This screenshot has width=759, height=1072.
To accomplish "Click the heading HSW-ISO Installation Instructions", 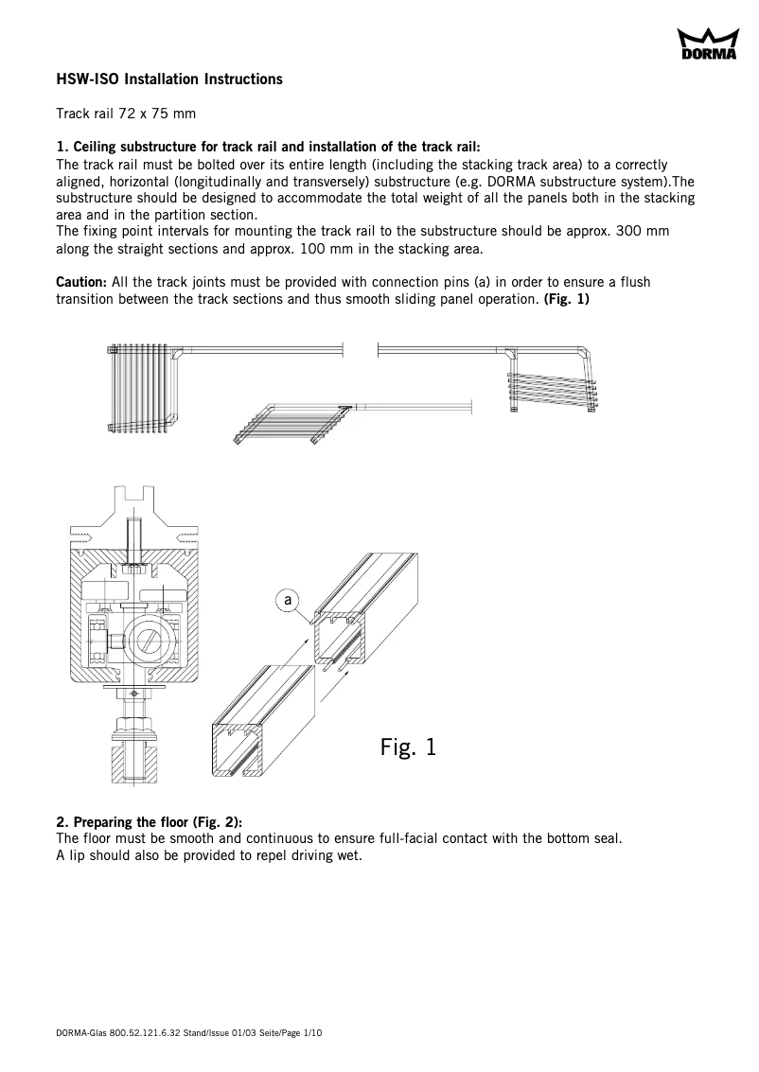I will coord(169,79).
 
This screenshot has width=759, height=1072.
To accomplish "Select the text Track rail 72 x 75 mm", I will coord(126,114).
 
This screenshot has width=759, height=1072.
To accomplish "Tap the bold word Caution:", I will coord(81,282).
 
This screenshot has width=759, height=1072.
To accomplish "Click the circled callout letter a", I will coord(289,599).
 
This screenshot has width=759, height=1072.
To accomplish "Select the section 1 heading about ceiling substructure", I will coord(269,147).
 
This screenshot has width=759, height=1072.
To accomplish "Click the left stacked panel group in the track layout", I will coord(144,388).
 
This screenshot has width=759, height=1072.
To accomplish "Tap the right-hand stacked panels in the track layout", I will coord(552,388).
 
